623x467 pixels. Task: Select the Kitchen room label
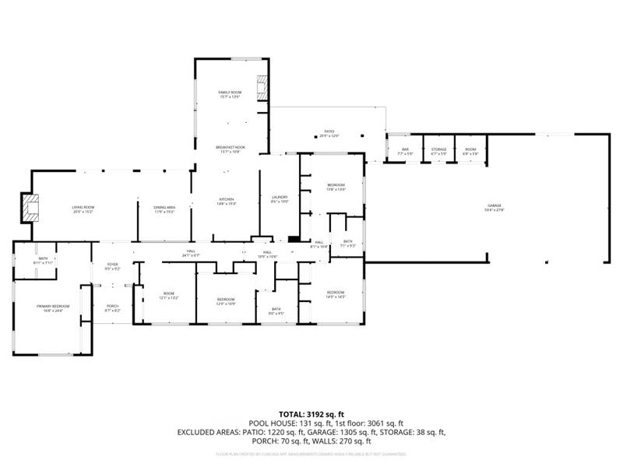[227, 201]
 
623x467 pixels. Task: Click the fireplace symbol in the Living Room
[30, 207]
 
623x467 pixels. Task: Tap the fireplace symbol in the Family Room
[263, 89]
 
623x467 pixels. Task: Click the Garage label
[495, 206]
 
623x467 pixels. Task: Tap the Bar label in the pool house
[405, 150]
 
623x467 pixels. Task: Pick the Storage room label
[438, 150]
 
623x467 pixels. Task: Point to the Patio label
[329, 133]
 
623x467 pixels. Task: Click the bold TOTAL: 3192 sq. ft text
[311, 414]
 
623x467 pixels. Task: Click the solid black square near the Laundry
[294, 239]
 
